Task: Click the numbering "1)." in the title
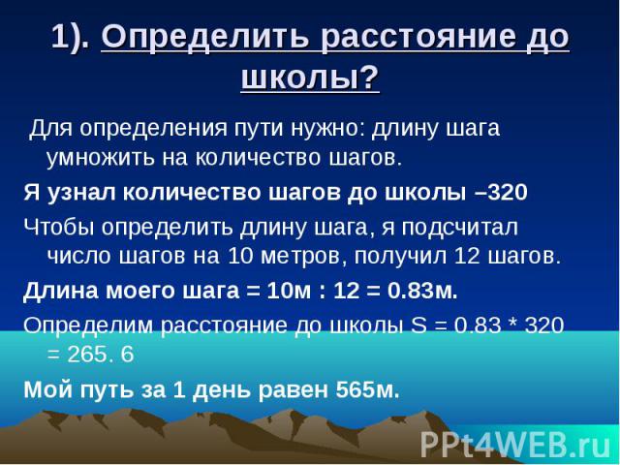tap(71, 37)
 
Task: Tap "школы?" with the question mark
tap(310, 77)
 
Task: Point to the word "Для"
tap(51, 128)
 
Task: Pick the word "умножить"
tap(100, 158)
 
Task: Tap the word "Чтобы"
tap(59, 228)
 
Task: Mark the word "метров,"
tap(300, 257)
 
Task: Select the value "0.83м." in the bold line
tap(422, 291)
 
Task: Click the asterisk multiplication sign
tap(512, 323)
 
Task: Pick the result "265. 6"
tap(101, 355)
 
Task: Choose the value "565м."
tap(368, 389)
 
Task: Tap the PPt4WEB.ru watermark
tap(515, 446)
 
